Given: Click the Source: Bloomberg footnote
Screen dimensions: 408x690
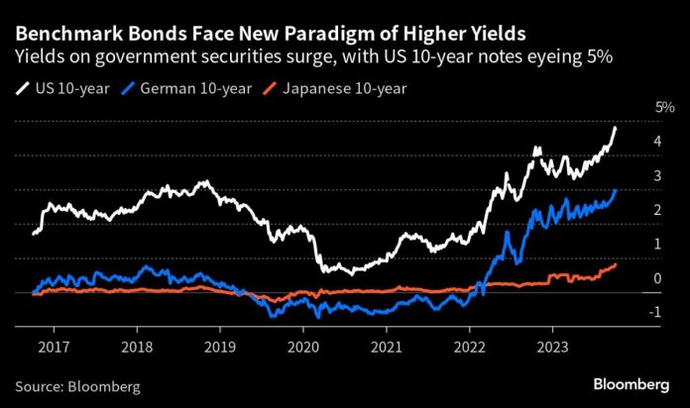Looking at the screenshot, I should point(76,384).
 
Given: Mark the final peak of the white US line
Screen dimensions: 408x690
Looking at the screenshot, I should point(616,127).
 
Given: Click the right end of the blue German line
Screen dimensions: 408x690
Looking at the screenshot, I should point(616,190).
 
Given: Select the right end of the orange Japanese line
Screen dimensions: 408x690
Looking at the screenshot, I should point(616,263).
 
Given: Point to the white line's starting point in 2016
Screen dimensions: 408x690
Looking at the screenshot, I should point(33,234).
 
